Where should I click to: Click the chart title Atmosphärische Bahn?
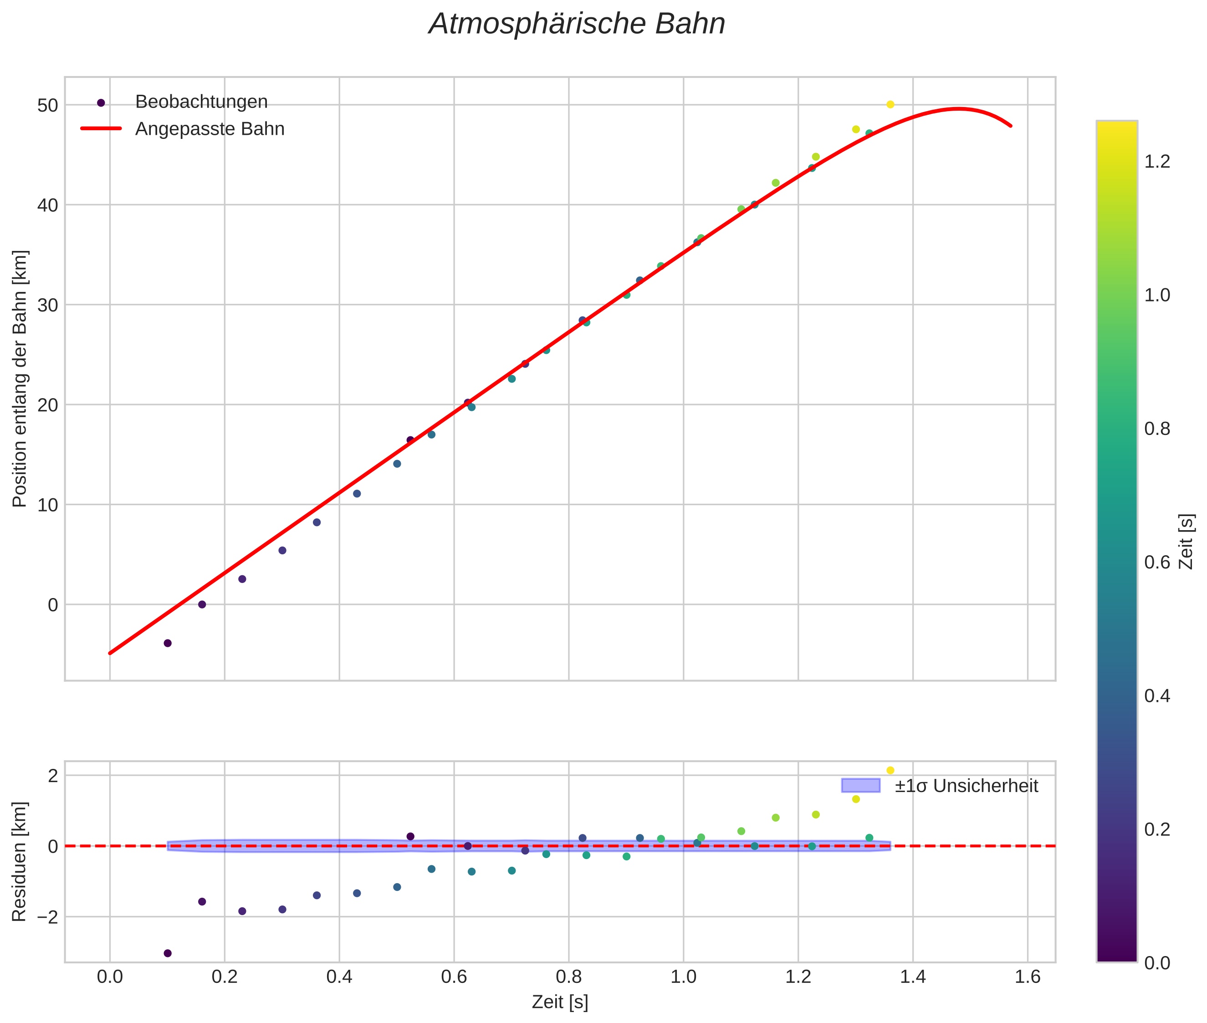[x=577, y=24]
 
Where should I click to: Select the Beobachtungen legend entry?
[x=201, y=102]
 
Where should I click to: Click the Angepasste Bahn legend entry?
[x=210, y=129]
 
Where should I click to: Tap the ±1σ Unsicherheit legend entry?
[x=966, y=786]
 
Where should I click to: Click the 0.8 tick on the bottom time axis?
[x=568, y=977]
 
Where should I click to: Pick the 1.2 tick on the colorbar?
[x=1157, y=162]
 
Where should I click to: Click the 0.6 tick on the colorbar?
[x=1157, y=563]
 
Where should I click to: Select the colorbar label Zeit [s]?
[x=1187, y=542]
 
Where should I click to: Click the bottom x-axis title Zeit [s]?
[x=560, y=1002]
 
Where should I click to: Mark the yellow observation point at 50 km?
[x=890, y=104]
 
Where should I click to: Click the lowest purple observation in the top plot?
[x=168, y=643]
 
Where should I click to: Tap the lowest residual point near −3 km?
[x=168, y=953]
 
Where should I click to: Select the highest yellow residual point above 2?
[x=890, y=770]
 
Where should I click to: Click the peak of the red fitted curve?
[x=959, y=108]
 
